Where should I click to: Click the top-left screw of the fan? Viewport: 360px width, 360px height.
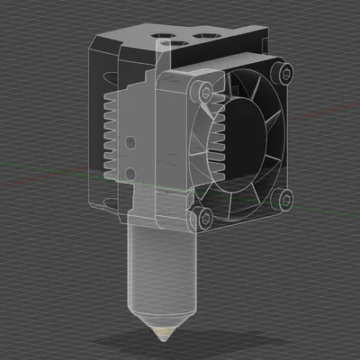coord(205,90)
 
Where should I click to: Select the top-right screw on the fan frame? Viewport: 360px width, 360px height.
coord(285,70)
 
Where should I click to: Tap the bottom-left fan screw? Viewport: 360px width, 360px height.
coord(203,215)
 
